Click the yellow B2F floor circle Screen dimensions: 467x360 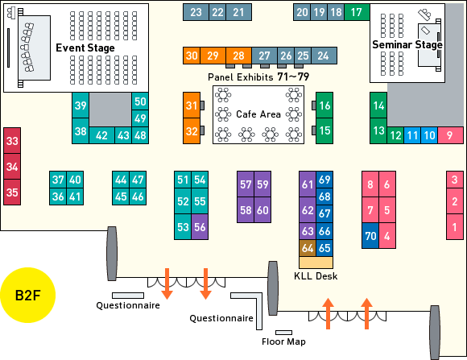27,295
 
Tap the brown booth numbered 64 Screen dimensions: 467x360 308,248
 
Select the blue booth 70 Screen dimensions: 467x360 370,236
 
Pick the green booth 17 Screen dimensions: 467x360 357,12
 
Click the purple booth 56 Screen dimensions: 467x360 200,227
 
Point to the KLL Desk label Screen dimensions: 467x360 316,276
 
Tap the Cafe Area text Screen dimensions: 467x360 258,114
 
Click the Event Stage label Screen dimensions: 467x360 85,48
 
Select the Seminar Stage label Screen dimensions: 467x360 407,45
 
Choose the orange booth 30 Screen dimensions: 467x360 192,56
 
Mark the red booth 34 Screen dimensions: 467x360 12,166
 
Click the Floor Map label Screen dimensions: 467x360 283,341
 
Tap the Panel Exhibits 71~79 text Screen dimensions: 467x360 258,77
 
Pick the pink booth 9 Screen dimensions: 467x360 450,135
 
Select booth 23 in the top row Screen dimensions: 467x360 196,12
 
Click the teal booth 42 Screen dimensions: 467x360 101,135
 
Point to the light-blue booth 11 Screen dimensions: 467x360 412,135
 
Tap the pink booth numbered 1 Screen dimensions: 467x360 454,227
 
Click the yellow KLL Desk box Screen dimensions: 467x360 316,263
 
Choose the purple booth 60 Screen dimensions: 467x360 262,210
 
